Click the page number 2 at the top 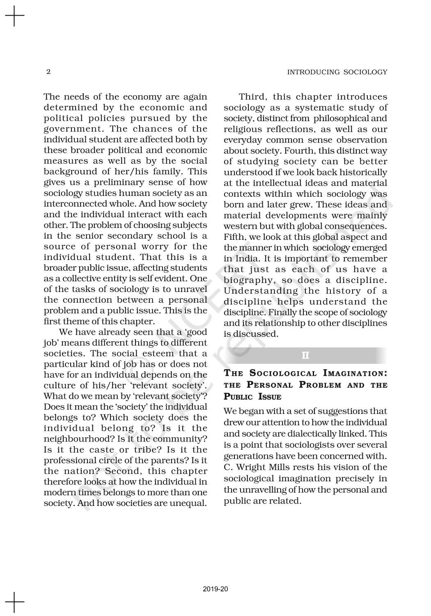pos(48,72)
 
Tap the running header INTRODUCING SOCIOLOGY pos(337,72)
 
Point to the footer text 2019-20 pos(215,589)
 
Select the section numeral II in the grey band pos(305,355)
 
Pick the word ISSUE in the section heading pos(270,397)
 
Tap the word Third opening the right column pos(252,97)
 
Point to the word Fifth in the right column pos(234,237)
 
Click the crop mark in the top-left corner pos(15,16)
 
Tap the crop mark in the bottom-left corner pos(15,602)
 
